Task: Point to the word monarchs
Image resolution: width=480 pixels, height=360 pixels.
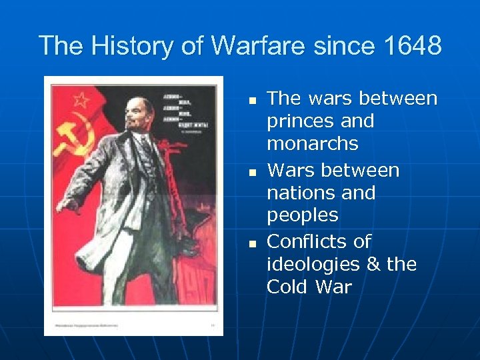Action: (x=312, y=144)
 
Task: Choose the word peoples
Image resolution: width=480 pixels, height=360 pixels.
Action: (x=303, y=216)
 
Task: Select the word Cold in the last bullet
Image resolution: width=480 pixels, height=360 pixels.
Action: (x=288, y=287)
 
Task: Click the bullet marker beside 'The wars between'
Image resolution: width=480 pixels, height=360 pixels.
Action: (x=252, y=101)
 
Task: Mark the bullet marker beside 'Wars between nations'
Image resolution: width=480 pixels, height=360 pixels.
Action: (x=252, y=172)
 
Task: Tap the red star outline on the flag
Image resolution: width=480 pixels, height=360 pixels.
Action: (x=81, y=100)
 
